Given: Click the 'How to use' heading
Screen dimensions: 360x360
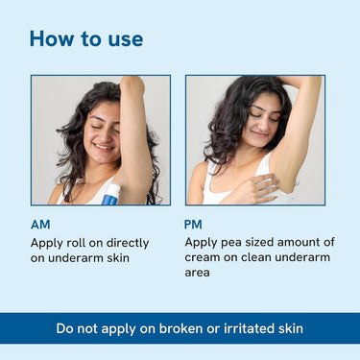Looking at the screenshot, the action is click(x=86, y=38).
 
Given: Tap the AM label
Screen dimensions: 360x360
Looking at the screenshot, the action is click(x=40, y=225).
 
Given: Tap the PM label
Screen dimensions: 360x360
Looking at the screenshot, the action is click(x=193, y=225).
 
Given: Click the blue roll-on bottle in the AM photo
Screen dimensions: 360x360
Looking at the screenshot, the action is click(x=110, y=194).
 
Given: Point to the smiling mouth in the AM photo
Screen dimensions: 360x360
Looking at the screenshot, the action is click(x=103, y=147).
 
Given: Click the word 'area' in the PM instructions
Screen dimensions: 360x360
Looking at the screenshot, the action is click(x=197, y=273).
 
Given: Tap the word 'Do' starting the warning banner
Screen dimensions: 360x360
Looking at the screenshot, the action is click(x=64, y=328).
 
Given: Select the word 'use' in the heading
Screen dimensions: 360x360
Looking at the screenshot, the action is click(x=126, y=40).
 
